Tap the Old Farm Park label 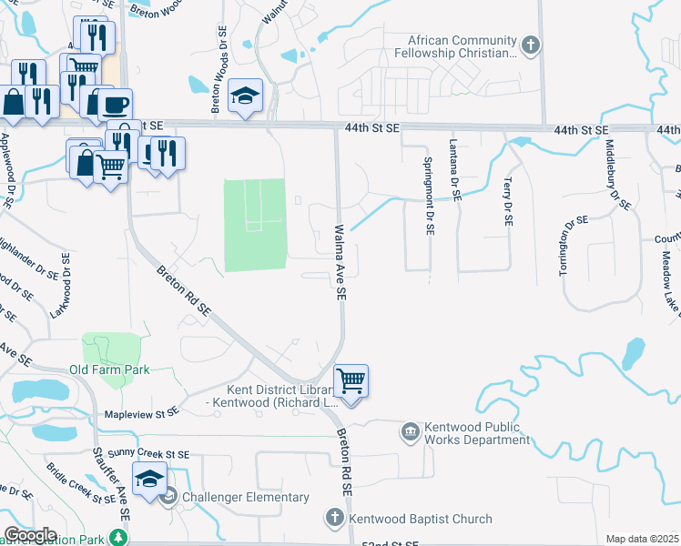[109, 369]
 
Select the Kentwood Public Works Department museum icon [411, 429]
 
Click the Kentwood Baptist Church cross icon [334, 519]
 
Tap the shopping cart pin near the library [351, 380]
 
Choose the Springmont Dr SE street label [429, 195]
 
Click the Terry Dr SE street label [506, 202]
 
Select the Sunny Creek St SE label [140, 453]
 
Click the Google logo [30, 535]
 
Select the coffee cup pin [115, 104]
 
